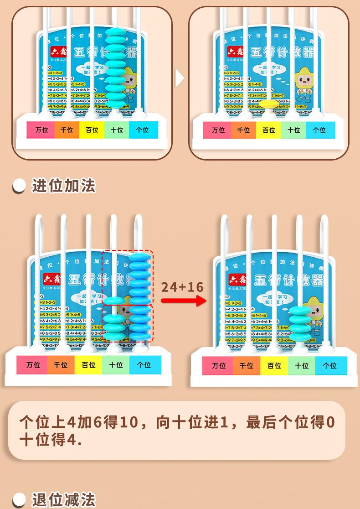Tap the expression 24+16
coord(182,287)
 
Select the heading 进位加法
coord(63,186)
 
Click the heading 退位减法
coord(63,500)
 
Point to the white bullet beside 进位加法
coord(19,186)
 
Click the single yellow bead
coord(271,104)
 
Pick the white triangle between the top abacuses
coord(180,78)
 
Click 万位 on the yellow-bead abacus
coord(219,130)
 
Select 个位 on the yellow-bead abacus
coord(319,130)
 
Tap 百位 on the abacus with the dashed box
coord(88,365)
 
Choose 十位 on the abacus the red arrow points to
coord(302,365)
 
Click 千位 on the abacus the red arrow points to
coord(247,365)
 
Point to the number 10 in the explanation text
coord(128,422)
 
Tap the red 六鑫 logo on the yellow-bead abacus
coord(237,51)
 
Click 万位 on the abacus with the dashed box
coord(33,365)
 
